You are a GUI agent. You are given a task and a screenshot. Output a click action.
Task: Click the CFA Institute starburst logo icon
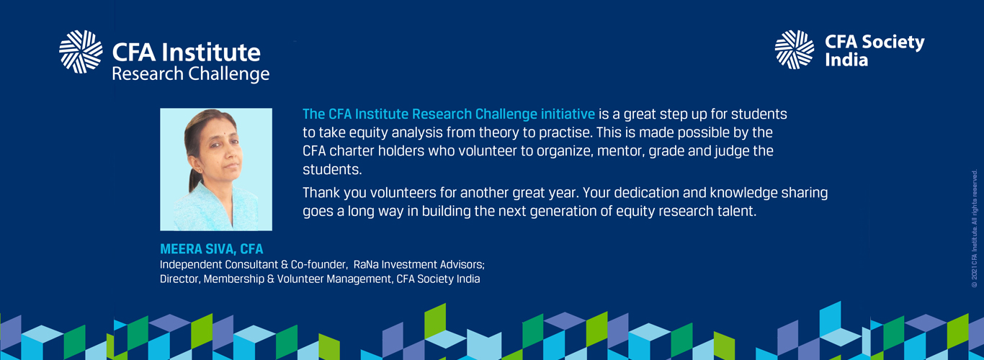81,52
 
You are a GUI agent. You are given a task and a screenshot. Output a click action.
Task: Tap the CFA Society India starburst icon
795,50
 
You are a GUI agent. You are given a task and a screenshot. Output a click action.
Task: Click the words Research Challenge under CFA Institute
191,74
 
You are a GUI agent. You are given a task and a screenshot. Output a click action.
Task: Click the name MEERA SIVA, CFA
211,249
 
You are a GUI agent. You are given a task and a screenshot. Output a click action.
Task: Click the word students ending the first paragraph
332,169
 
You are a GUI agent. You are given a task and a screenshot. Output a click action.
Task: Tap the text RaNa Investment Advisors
419,265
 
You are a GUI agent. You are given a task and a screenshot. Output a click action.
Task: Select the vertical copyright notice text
975,228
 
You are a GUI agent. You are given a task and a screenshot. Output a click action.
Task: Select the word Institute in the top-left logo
211,53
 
